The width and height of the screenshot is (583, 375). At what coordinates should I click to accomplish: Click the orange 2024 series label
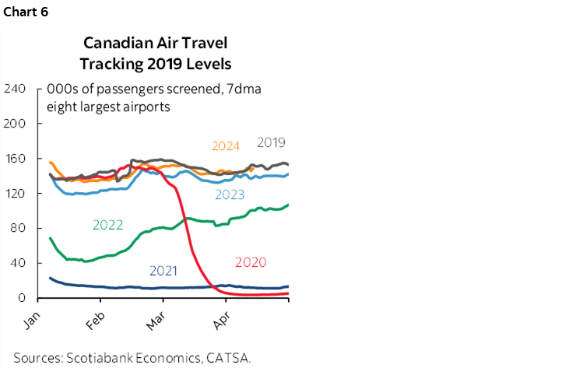(225, 145)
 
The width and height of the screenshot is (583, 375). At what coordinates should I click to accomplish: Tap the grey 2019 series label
(270, 142)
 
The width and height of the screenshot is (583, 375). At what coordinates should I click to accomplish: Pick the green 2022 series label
(107, 225)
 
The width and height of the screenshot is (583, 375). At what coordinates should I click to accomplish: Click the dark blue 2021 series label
(163, 272)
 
